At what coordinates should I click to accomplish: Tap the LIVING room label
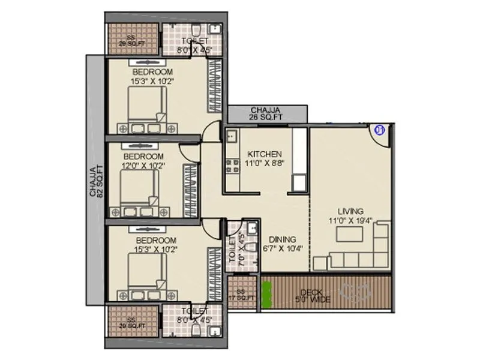click(350, 211)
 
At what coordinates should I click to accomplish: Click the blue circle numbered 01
click(379, 128)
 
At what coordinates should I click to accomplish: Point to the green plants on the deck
click(266, 294)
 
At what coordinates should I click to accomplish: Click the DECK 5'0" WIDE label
click(316, 296)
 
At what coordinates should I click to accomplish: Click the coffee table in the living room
click(350, 235)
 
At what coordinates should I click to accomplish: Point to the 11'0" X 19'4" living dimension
click(350, 220)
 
